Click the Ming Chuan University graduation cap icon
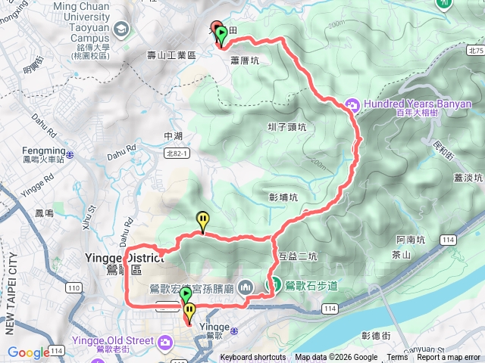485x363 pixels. (120, 29)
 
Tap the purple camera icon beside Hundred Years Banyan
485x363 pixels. (352, 104)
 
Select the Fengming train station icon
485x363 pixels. (70, 154)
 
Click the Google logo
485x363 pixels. (29, 352)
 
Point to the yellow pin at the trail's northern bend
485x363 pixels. (202, 220)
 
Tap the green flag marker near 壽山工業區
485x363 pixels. (221, 36)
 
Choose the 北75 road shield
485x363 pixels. (475, 51)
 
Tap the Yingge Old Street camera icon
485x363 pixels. (164, 343)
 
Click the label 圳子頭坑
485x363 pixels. (287, 127)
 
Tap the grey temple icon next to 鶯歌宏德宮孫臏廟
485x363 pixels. (246, 287)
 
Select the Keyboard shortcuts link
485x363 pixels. (253, 358)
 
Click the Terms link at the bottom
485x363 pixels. (396, 358)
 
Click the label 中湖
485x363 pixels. (173, 136)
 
